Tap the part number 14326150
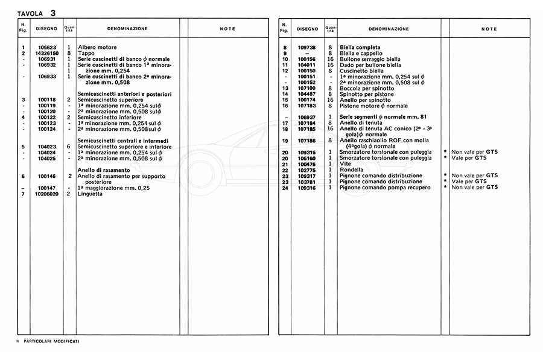coord(46,53)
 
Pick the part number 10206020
coord(46,194)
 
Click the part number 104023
coord(46,147)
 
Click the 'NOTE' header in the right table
coord(489,29)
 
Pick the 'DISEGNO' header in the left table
coord(46,28)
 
